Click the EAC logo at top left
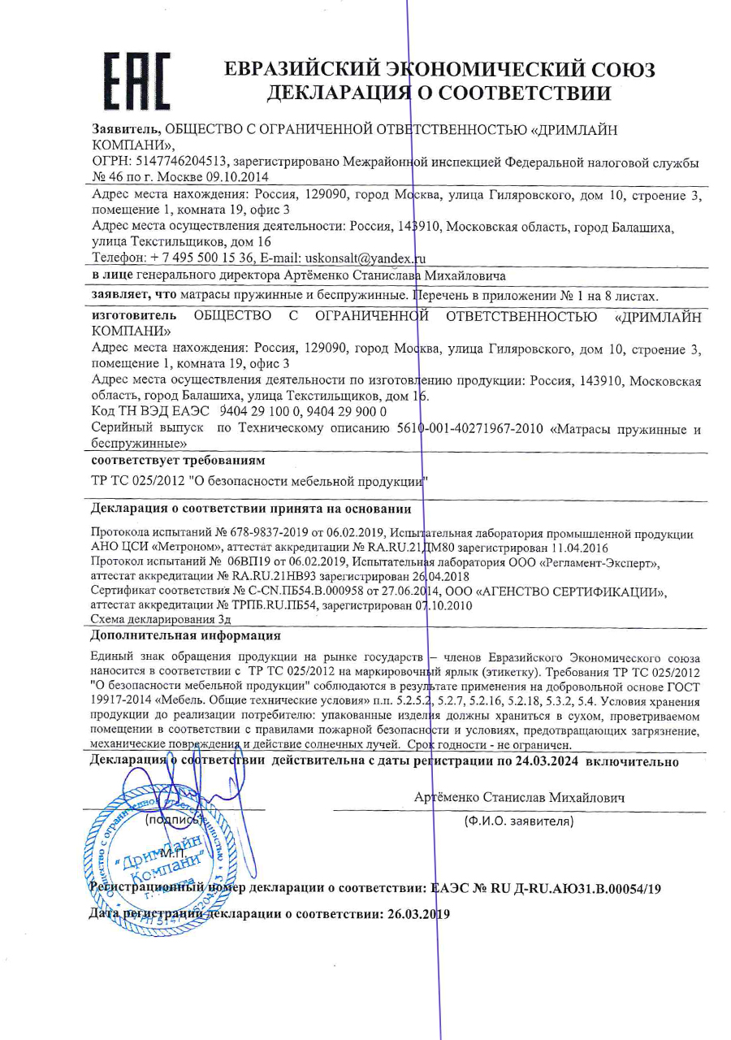coord(137,80)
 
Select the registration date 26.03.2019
coord(414,912)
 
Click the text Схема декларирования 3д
coord(159,620)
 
